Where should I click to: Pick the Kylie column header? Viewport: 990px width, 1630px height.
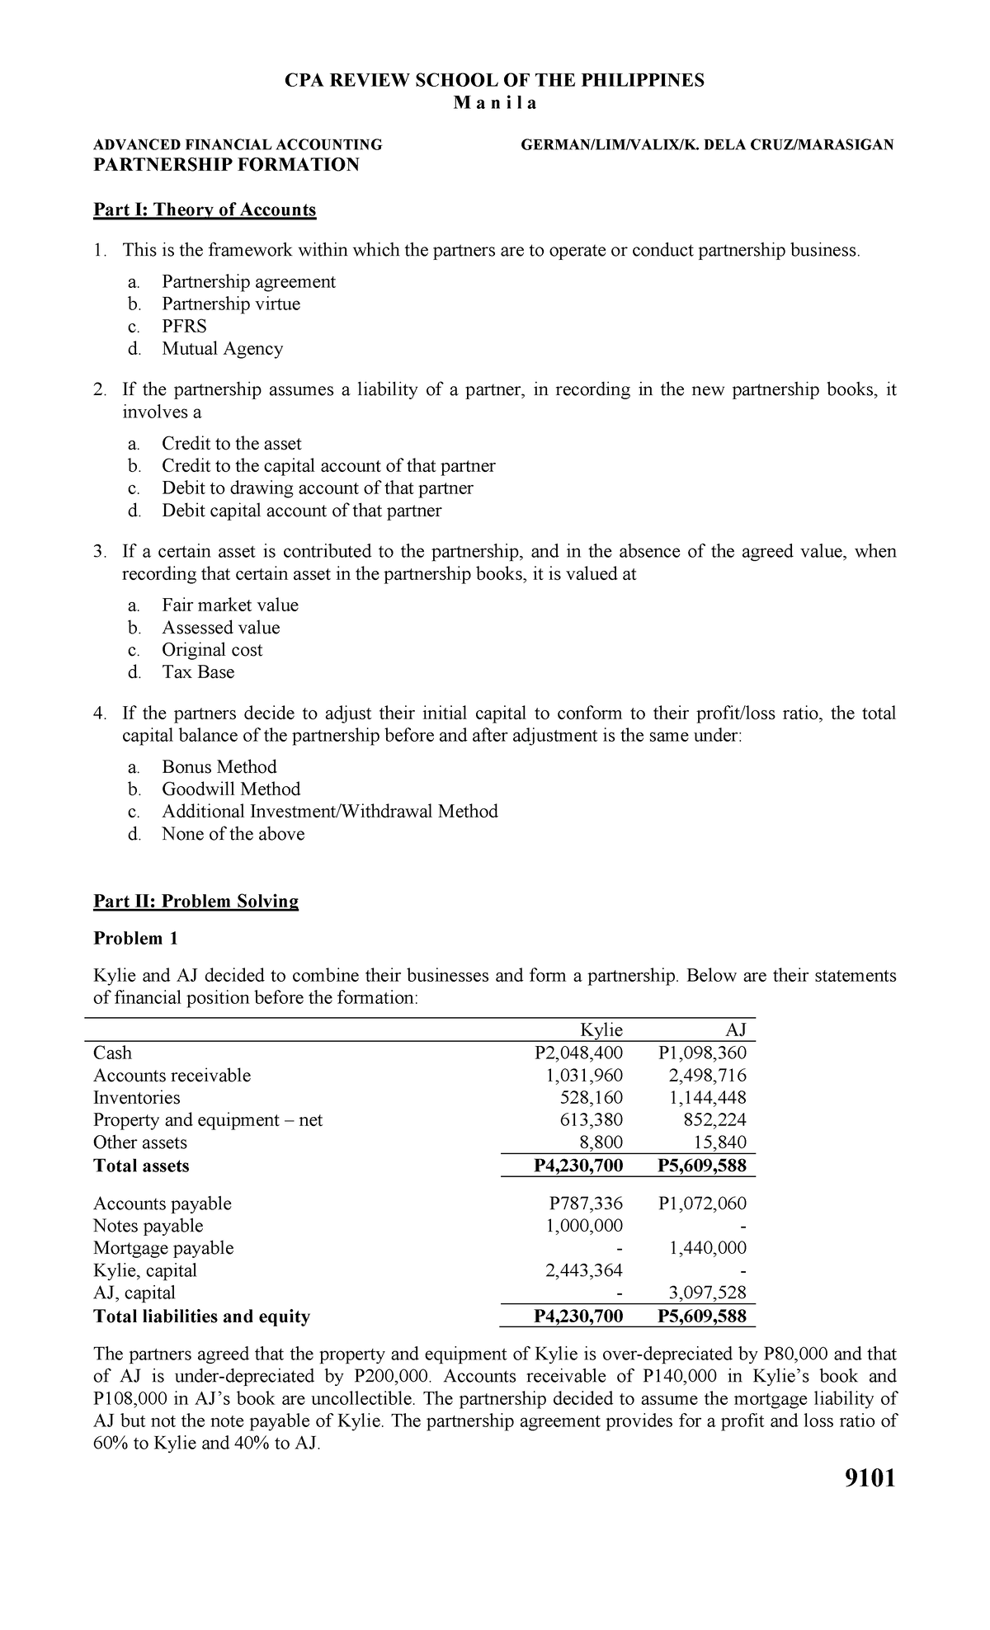601,1029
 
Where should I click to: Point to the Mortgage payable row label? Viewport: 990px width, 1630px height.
163,1248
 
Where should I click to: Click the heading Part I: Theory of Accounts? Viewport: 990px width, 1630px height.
205,210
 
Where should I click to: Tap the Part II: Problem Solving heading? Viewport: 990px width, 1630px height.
196,901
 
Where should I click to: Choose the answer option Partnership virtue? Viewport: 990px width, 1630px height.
231,304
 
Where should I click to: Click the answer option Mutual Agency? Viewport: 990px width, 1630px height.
222,348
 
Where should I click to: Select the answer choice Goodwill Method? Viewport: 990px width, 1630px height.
231,789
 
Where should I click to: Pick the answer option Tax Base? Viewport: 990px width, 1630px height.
198,671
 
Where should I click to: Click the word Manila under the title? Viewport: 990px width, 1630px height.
494,104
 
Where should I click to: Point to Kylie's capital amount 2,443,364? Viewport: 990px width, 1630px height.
584,1270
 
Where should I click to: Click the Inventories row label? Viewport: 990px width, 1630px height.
136,1098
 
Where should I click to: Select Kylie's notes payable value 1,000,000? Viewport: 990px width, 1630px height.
584,1226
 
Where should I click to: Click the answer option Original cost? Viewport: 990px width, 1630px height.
212,649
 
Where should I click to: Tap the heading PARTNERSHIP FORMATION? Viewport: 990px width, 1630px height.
227,164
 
